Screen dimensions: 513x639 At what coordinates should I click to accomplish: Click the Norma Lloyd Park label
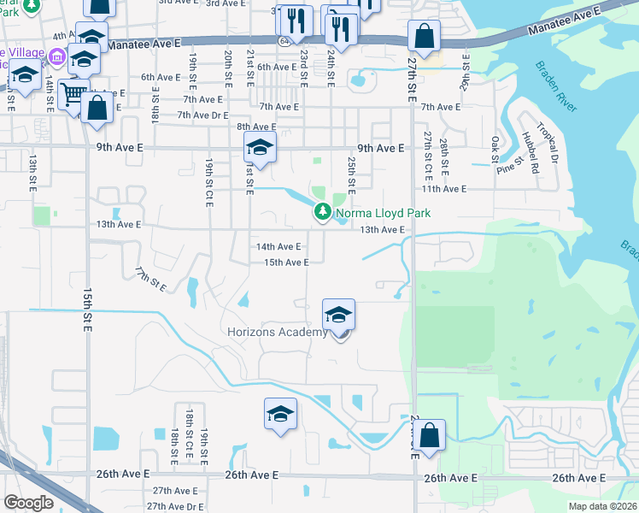383,213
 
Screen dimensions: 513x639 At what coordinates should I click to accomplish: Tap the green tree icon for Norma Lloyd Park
322,212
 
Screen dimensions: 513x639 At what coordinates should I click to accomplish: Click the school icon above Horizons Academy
338,315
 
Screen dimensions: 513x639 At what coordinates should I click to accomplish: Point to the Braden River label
556,86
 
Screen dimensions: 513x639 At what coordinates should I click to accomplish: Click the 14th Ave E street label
278,246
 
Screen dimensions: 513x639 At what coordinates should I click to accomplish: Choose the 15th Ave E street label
286,262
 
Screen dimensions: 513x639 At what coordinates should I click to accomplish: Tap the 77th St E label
149,278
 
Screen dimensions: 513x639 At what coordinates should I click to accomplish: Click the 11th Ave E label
443,189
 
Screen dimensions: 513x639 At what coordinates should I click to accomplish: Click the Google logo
28,503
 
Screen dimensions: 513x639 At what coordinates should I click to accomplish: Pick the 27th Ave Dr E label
178,505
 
